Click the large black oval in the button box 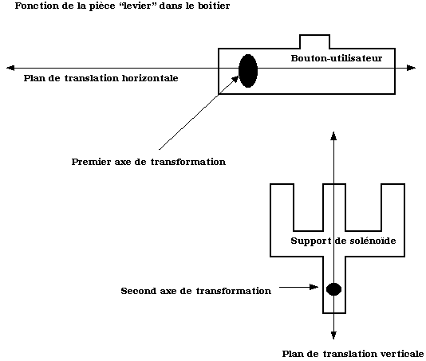(x=248, y=71)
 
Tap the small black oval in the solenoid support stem (x=333, y=289)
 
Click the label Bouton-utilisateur (x=337, y=58)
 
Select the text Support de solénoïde (x=343, y=241)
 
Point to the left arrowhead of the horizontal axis (x=10, y=68)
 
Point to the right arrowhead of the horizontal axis (x=412, y=68)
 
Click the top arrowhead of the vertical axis (x=333, y=135)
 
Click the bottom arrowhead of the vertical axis (x=333, y=335)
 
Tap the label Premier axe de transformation (x=148, y=162)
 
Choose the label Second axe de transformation (x=196, y=291)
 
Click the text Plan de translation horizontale (x=101, y=78)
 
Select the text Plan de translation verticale (x=353, y=354)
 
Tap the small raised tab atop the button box (x=314, y=41)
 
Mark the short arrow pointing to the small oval (x=298, y=287)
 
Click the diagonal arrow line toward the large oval (x=199, y=112)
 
